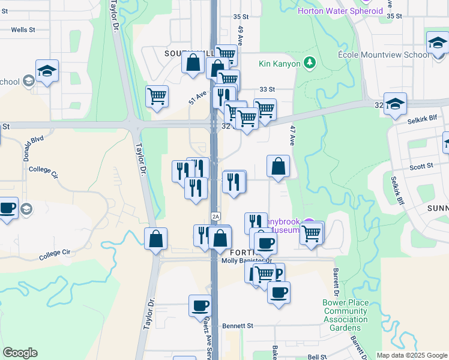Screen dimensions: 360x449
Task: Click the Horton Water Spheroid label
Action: tap(340, 11)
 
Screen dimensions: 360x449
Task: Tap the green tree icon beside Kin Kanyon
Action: tap(310, 62)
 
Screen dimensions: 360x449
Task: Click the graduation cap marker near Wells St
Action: tap(47, 72)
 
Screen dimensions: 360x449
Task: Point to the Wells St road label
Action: tap(23, 29)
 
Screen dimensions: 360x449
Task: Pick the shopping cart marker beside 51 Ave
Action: tap(157, 96)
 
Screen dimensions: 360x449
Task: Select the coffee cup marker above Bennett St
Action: tap(200, 305)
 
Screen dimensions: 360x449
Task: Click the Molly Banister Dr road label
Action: tap(247, 260)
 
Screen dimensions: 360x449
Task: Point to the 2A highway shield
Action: tap(215, 216)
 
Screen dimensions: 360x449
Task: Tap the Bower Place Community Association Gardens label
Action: tap(345, 315)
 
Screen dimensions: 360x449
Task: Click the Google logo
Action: tap(20, 353)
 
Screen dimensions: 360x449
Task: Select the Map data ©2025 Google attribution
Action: tap(411, 355)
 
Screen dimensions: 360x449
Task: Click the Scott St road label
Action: tap(421, 167)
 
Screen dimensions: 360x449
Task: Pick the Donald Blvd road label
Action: tap(33, 148)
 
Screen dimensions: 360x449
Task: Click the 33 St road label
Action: tap(267, 89)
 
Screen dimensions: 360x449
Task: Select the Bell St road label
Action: tap(317, 356)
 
